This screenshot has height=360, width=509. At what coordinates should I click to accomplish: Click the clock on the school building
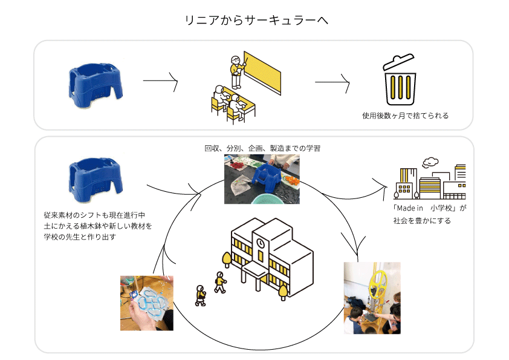point(260,243)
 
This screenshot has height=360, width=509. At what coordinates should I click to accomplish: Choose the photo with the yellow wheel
point(372,298)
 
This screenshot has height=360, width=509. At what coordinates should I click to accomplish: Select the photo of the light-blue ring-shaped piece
point(147,303)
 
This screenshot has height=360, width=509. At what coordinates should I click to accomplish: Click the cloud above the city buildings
point(429,162)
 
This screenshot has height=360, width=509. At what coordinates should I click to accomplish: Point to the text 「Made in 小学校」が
point(430,208)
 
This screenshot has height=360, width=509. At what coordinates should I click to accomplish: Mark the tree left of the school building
point(227,260)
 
